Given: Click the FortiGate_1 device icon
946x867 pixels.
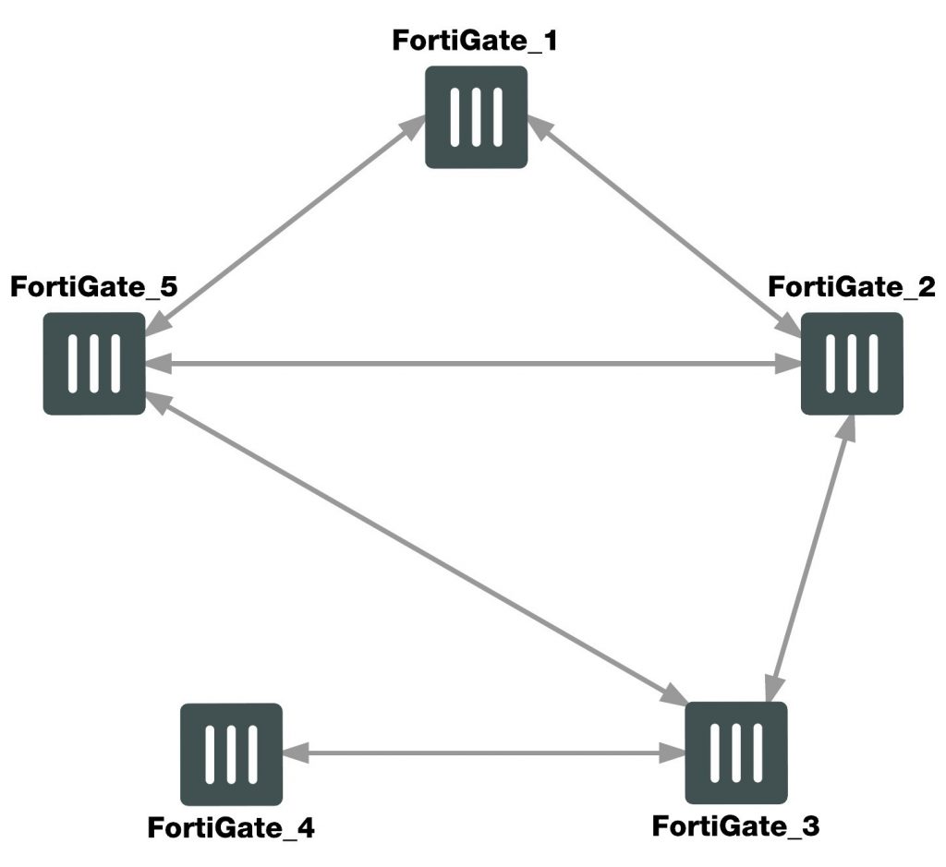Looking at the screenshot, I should [x=476, y=117].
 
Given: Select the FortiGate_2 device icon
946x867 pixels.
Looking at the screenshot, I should [x=851, y=363].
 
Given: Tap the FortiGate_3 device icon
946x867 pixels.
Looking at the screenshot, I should [x=735, y=753].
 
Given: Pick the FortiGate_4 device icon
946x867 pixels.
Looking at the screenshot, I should [x=231, y=753].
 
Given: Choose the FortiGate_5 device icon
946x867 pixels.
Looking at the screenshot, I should [x=93, y=363].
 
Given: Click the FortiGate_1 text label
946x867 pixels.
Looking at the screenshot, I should [x=476, y=42].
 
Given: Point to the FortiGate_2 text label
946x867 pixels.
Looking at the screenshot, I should [x=852, y=286].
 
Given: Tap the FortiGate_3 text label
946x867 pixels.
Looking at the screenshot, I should [x=735, y=825].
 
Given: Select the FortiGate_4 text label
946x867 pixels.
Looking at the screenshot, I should [x=231, y=827].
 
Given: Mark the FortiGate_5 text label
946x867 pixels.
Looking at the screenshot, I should [x=93, y=286].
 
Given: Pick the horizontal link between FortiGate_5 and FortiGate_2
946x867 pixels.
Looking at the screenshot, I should [x=472, y=364].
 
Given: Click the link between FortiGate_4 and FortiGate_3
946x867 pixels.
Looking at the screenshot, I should [x=483, y=753].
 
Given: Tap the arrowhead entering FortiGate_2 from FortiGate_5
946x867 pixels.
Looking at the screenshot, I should [x=788, y=364].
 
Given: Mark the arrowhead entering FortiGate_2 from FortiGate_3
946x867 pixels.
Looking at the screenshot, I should [x=844, y=427].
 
